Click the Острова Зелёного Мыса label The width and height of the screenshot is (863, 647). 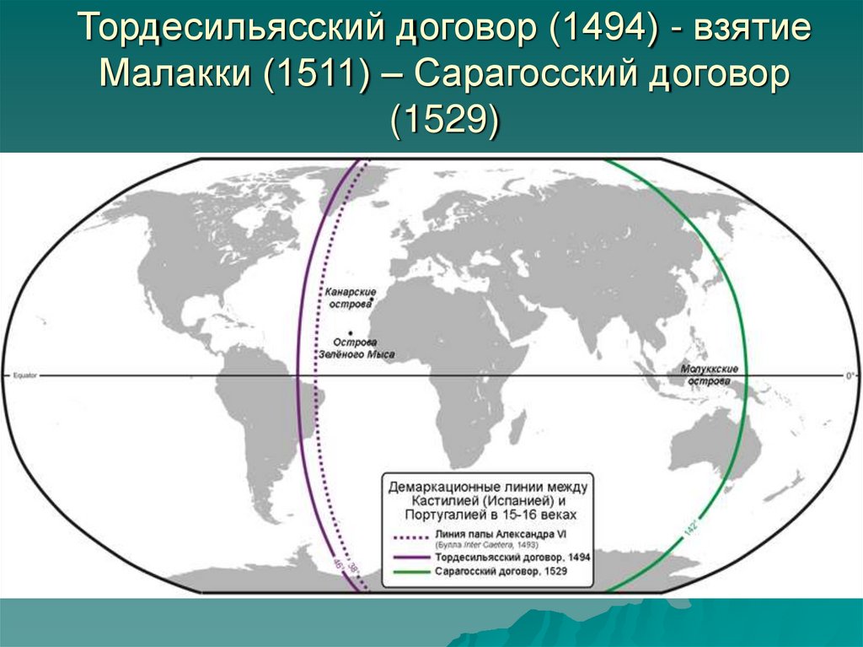click(362, 349)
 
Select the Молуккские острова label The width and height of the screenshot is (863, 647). click(710, 375)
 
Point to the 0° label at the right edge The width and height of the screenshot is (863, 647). click(849, 374)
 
